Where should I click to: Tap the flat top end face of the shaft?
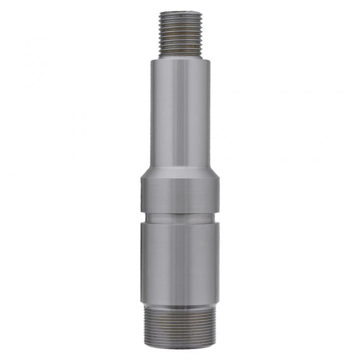coord(180,13)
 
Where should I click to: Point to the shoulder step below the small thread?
coord(180,59)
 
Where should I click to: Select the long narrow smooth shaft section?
coord(180,112)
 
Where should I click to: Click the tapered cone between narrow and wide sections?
coord(180,173)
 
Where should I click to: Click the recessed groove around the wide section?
coord(180,218)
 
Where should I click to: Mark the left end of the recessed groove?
coord(143,218)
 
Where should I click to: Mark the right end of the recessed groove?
coord(217,218)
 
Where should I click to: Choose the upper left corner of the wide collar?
coord(141,179)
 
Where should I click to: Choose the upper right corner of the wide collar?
coord(220,179)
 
